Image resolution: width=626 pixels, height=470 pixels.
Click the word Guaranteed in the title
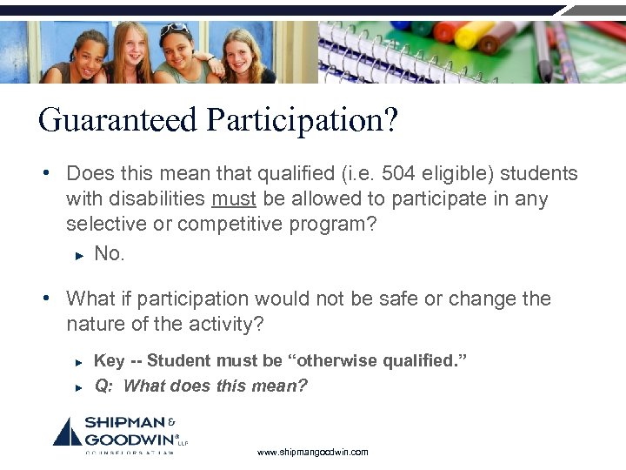pos(118,120)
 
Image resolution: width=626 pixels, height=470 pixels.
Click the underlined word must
pos(233,198)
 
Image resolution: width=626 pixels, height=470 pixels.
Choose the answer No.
pos(110,253)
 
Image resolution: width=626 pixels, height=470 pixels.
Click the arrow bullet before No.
pos(78,254)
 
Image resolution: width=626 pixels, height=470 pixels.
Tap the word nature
pos(93,324)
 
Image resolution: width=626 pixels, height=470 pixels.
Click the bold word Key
pos(109,360)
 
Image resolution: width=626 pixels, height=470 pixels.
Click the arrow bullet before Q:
pos(78,386)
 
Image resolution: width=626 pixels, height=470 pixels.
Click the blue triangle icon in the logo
pos(67,433)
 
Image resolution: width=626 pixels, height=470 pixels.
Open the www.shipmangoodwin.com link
pos(313,452)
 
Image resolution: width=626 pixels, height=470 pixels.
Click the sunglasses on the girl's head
pos(174,29)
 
